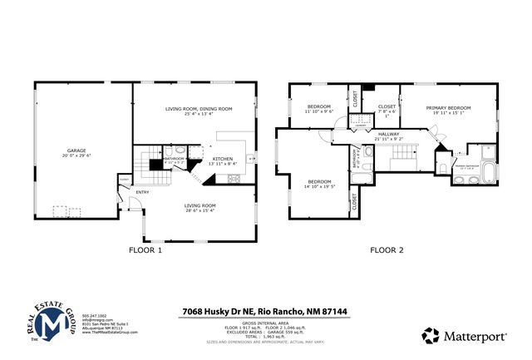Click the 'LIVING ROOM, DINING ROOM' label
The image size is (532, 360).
198,109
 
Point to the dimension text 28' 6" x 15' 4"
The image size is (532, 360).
200,211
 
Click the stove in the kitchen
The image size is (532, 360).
249,156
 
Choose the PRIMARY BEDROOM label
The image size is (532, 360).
448,108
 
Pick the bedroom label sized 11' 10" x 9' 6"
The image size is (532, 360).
319,106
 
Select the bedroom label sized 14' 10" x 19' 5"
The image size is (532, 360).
319,181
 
